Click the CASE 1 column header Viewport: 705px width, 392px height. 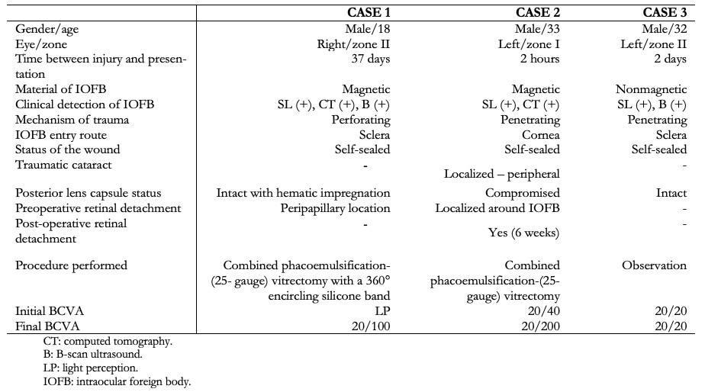tap(369, 13)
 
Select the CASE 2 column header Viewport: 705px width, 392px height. tap(538, 13)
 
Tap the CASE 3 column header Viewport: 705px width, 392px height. tap(665, 13)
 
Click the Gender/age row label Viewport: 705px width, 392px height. tap(47, 29)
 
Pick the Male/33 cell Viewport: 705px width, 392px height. tap(537, 29)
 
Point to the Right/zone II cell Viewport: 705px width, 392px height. tap(353, 44)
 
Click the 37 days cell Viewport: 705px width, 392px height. tap(371, 59)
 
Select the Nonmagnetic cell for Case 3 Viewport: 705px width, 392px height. tap(651, 89)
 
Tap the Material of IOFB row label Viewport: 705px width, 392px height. tap(61, 89)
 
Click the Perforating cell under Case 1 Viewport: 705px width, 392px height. tap(361, 120)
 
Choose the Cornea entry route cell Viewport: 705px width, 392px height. tap(541, 135)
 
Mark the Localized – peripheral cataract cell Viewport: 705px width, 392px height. tap(502, 174)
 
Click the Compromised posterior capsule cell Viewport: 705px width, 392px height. tap(523, 193)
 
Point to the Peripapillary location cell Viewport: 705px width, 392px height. tap(336, 209)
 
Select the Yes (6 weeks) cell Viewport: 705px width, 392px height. tap(524, 233)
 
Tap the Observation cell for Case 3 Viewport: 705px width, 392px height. tap(654, 265)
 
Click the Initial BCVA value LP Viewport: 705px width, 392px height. tap(382, 311)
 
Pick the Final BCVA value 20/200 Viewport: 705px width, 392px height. tap(540, 326)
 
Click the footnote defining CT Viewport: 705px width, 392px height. tap(108, 342)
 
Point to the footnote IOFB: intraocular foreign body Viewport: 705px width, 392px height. tap(117, 382)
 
